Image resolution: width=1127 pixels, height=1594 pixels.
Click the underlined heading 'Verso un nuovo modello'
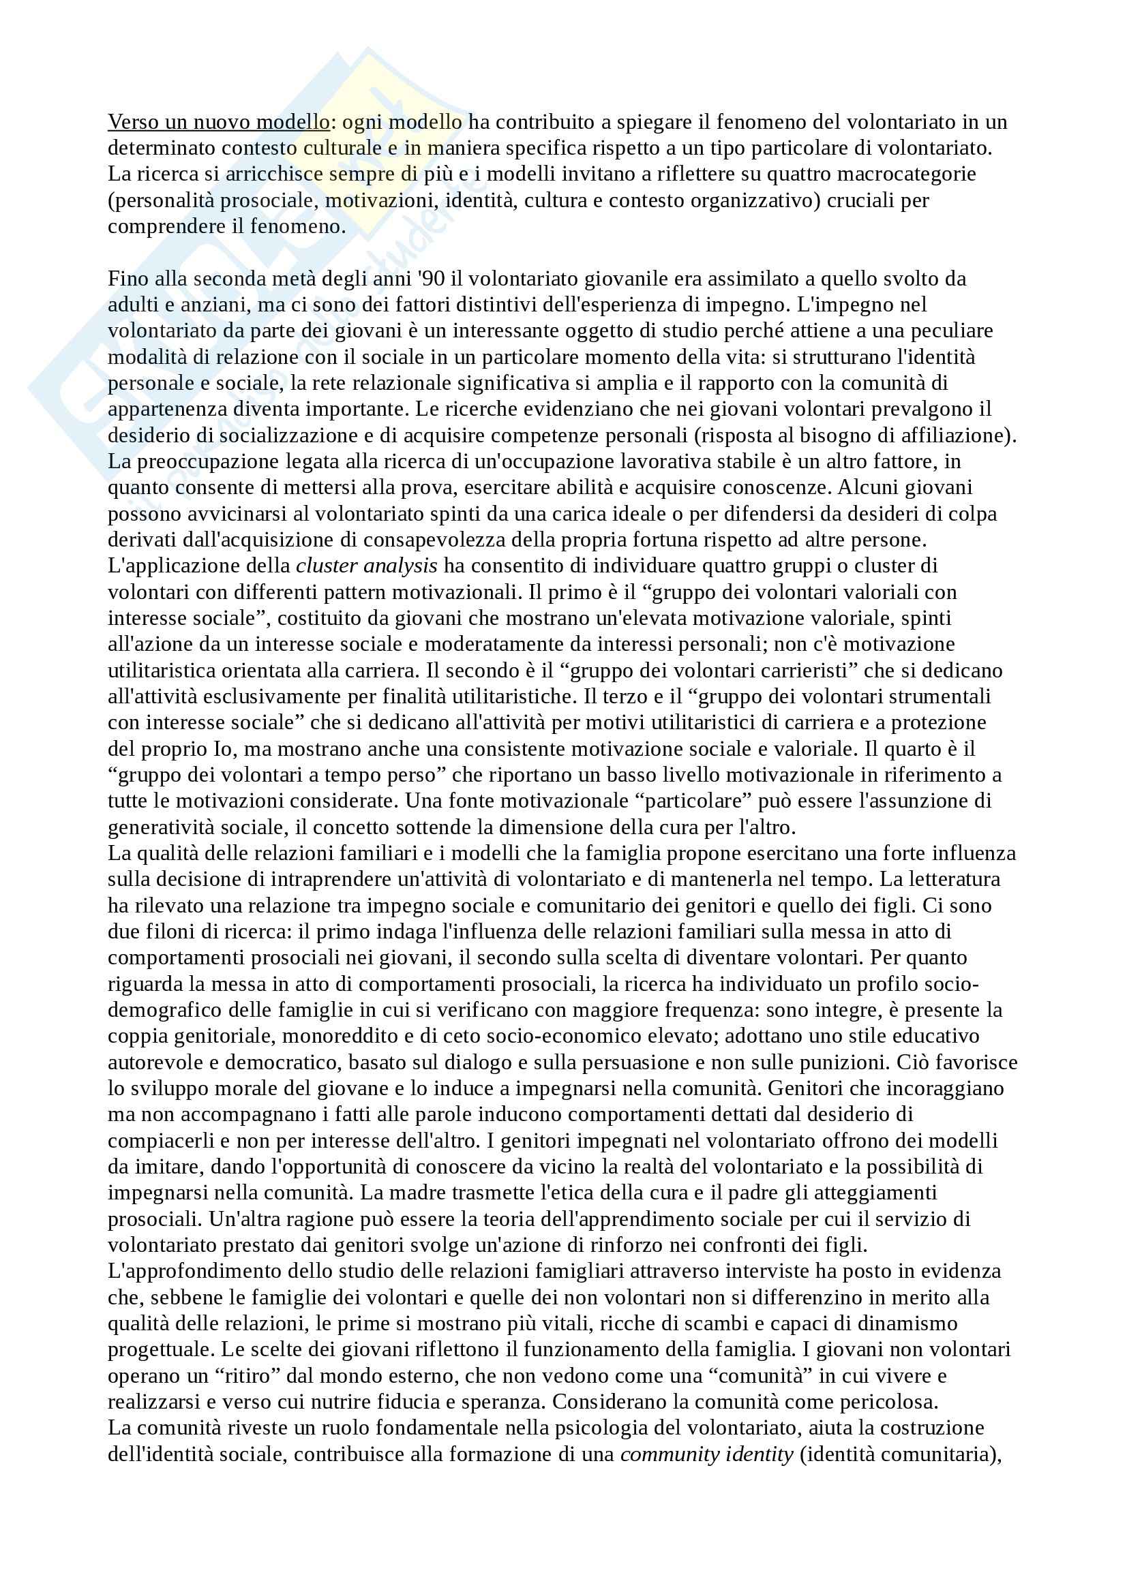click(219, 122)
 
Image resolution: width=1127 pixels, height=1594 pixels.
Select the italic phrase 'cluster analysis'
click(366, 566)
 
